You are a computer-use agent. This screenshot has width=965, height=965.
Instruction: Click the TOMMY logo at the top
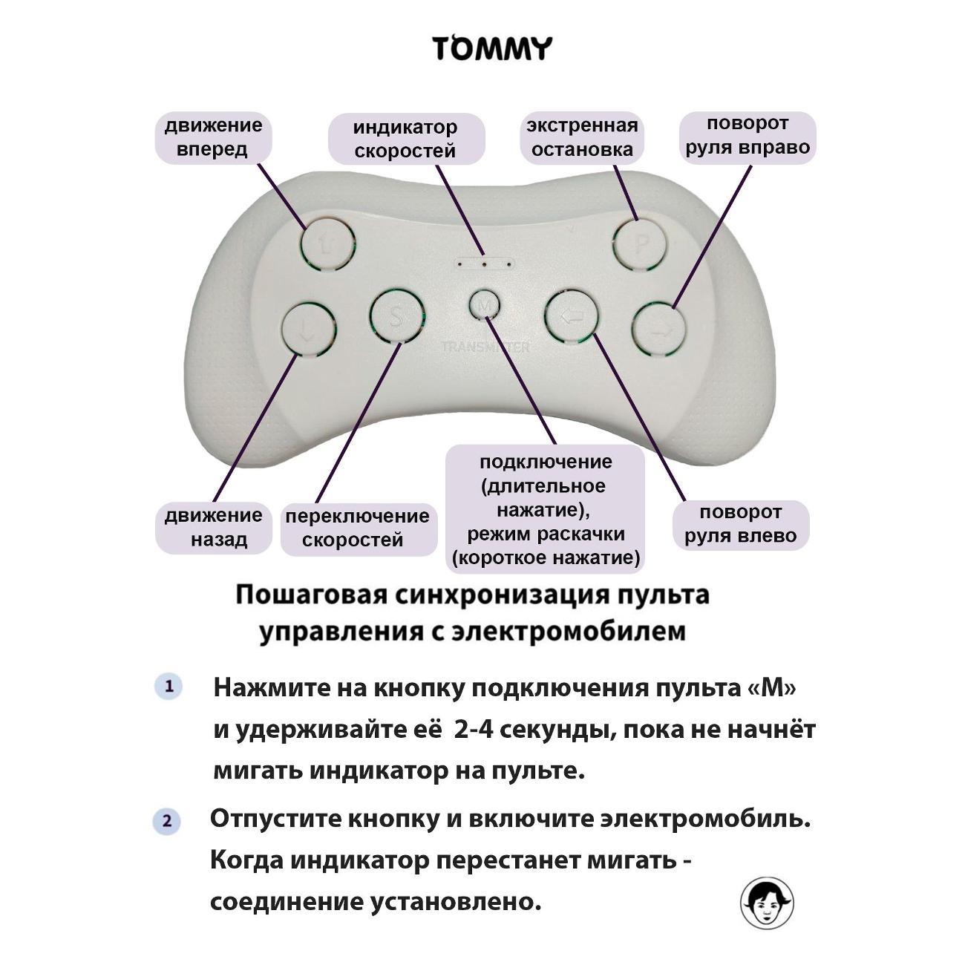492,49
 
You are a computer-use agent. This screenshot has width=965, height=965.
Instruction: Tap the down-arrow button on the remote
309,327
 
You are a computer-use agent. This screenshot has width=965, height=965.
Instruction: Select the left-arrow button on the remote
572,318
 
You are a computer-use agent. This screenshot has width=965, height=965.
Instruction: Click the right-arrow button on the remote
659,329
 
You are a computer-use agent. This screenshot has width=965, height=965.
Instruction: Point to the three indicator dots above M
484,263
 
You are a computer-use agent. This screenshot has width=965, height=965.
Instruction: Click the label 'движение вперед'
214,137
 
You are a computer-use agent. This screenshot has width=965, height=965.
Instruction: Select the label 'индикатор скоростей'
405,139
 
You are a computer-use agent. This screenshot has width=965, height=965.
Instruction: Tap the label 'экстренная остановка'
582,137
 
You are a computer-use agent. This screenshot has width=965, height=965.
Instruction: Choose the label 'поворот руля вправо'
748,136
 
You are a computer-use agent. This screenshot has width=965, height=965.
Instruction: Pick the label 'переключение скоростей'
358,528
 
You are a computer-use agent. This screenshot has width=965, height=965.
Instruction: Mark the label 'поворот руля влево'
740,524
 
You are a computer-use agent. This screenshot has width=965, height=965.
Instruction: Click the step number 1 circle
169,687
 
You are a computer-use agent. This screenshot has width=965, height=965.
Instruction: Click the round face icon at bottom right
767,903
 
